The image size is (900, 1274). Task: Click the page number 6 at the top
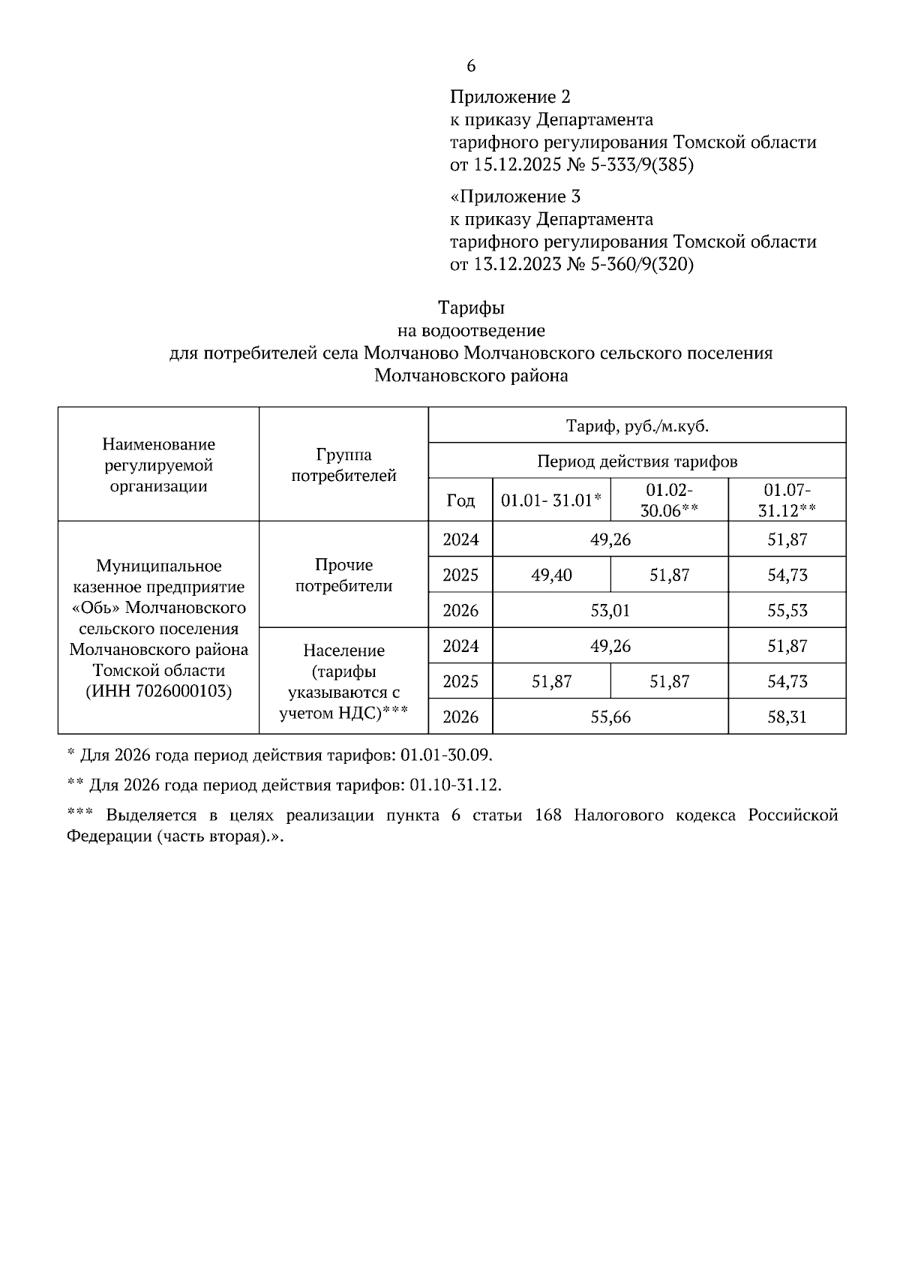click(471, 66)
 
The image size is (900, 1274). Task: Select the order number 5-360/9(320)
click(642, 265)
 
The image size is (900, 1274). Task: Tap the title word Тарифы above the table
click(471, 308)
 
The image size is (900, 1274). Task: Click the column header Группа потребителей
click(343, 465)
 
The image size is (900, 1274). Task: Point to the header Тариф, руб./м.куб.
click(637, 426)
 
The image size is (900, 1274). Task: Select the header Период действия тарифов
click(637, 461)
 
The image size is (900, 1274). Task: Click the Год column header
click(460, 500)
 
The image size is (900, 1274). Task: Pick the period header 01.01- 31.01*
click(552, 500)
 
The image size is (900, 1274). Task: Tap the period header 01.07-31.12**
click(787, 500)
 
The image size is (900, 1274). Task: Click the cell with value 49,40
click(552, 575)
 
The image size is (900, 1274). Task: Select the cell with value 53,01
click(610, 611)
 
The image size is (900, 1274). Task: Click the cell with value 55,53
click(787, 611)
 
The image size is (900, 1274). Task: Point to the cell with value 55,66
click(610, 717)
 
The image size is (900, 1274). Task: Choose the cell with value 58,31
click(787, 717)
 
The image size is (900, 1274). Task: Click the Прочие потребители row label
click(343, 575)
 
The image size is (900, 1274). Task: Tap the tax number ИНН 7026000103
click(158, 691)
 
